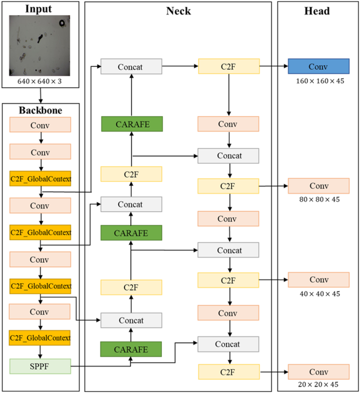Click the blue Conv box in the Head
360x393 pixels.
[x=318, y=66]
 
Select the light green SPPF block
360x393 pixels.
[x=40, y=366]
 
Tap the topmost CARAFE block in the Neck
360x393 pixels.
[x=132, y=124]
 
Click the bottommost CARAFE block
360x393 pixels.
[x=132, y=349]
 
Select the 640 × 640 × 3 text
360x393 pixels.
[x=40, y=82]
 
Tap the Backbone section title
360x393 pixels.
[x=40, y=110]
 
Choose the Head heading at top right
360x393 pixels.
[x=317, y=11]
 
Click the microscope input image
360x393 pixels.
[x=40, y=46]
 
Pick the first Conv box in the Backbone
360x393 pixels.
[x=40, y=125]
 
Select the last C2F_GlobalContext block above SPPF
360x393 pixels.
[x=40, y=337]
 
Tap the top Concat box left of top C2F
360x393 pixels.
[x=132, y=66]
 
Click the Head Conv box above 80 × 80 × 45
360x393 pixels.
[x=318, y=186]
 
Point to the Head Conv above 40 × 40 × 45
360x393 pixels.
[x=318, y=280]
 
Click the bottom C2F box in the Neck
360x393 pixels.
[x=228, y=372]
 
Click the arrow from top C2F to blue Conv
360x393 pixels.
[x=273, y=66]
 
